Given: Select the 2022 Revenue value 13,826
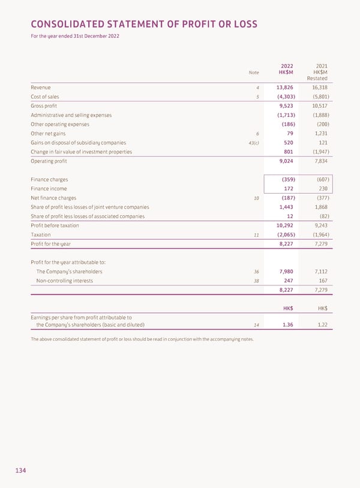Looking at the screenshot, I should coord(284,88).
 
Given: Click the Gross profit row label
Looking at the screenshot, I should coord(44,106).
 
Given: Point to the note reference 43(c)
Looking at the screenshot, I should coord(253,143).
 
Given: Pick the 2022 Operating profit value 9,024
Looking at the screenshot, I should coord(284,161).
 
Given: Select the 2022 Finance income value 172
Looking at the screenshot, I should coord(288,189).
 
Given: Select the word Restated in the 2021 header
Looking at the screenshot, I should coord(317,79).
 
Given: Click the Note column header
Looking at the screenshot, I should coord(254,73).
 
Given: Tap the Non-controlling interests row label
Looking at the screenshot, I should coord(65,281).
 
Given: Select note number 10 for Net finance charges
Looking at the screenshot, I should coord(256,198).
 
